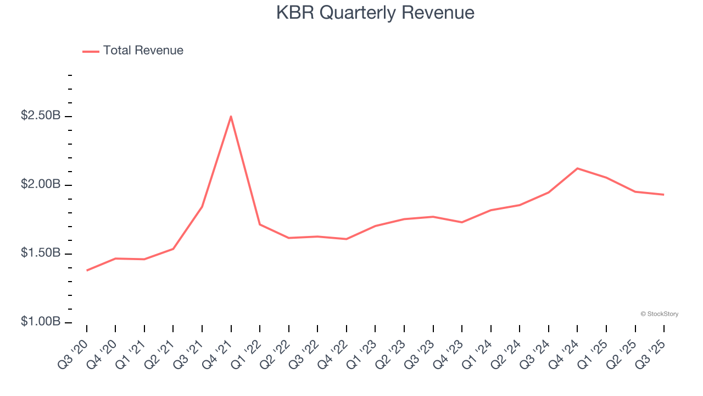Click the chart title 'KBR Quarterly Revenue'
375,13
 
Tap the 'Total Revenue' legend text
143,51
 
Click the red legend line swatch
91,51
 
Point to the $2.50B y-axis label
41,116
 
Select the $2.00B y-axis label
41,184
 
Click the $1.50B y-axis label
41,253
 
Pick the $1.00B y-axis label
41,322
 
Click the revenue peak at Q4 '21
231,116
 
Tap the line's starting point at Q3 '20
87,270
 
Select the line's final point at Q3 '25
663,195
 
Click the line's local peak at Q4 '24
577,168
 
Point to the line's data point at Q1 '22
260,224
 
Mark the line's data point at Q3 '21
202,207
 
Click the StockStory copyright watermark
659,314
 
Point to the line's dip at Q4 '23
461,222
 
